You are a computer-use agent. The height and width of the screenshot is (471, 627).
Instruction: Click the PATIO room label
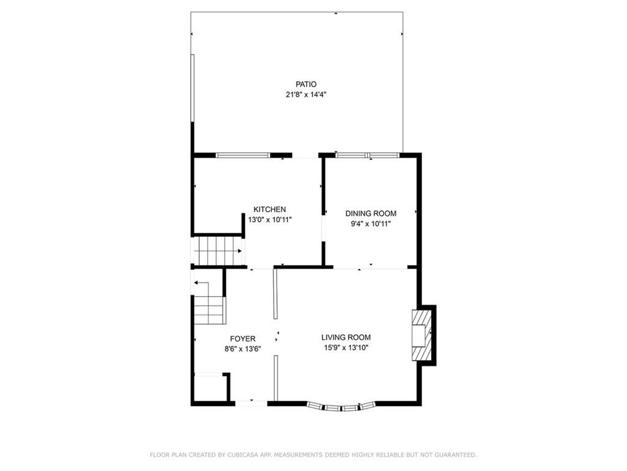click(306, 84)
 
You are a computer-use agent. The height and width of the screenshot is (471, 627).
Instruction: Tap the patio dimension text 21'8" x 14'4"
click(306, 95)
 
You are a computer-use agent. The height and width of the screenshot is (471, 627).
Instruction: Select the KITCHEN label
click(269, 210)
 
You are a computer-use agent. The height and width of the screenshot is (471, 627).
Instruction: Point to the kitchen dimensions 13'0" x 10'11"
click(270, 220)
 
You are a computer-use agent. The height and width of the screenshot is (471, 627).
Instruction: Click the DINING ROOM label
click(370, 213)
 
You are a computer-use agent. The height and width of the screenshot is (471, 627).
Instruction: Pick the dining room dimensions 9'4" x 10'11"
click(370, 224)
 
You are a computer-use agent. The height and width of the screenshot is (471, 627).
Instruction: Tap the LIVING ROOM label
click(346, 337)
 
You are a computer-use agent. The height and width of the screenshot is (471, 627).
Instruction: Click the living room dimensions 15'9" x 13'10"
click(346, 348)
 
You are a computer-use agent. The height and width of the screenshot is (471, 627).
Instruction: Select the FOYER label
click(242, 339)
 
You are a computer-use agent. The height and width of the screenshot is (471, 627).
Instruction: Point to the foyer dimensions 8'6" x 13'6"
click(242, 349)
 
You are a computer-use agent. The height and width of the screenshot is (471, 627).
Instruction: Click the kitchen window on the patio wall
click(242, 155)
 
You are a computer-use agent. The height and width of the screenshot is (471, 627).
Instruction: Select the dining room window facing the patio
click(367, 155)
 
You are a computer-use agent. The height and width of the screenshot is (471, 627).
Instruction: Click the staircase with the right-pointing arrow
click(219, 251)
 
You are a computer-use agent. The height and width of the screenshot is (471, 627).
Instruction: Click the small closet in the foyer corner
click(210, 388)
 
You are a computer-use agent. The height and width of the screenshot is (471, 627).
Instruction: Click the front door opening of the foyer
click(251, 403)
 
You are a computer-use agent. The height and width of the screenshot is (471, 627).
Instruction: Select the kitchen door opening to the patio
click(305, 156)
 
